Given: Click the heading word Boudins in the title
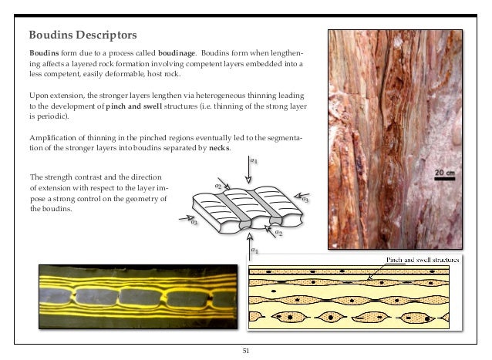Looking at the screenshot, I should click(49, 35).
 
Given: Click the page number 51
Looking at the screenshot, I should click(246, 351).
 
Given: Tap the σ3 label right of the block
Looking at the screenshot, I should click(305, 200).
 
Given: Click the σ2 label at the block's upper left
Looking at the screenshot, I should click(218, 187).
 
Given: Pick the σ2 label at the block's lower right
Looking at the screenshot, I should click(279, 233).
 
